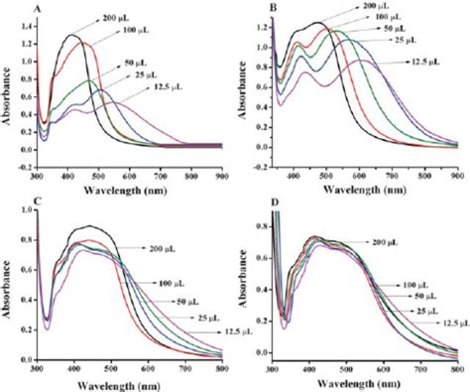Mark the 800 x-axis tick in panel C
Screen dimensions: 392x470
pyautogui.click(x=219, y=368)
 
